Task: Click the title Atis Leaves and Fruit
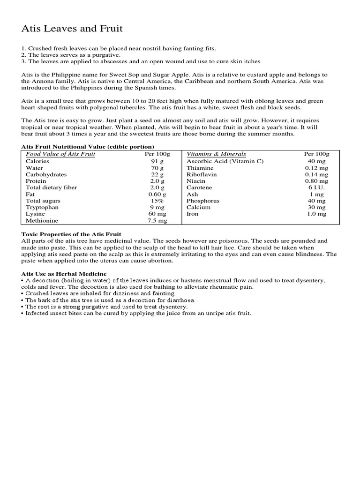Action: click(x=72, y=29)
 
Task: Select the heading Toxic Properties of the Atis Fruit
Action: click(x=71, y=234)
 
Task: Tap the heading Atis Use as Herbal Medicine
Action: click(x=64, y=273)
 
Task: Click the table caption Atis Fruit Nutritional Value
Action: click(x=88, y=147)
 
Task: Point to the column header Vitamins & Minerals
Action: click(x=216, y=154)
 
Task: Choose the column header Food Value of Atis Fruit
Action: click(x=60, y=154)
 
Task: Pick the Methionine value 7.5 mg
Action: click(x=157, y=220)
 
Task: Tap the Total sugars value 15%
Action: click(x=157, y=200)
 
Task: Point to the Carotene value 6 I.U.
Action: click(x=316, y=187)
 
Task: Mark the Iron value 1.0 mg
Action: click(x=316, y=213)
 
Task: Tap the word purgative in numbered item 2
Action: click(x=96, y=55)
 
